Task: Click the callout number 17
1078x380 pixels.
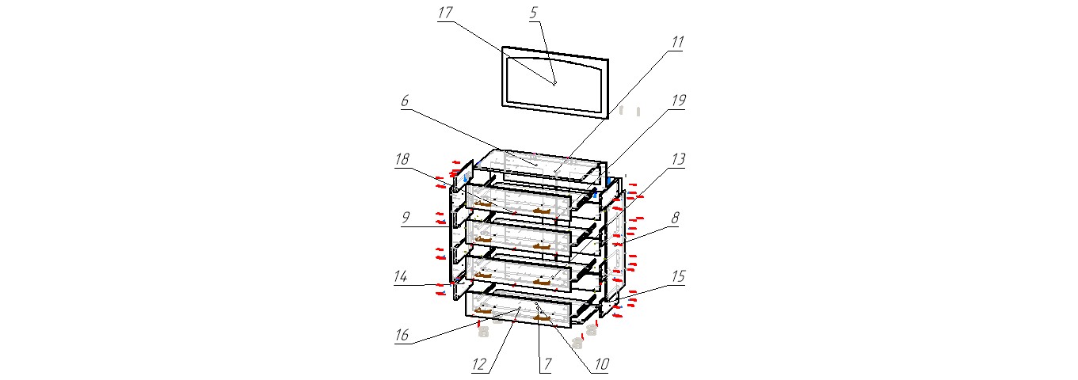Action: [x=445, y=13]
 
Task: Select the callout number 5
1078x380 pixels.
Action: [x=533, y=13]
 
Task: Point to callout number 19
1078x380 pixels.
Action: [x=677, y=101]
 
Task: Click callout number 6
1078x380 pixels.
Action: [x=404, y=101]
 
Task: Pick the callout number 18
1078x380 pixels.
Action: [x=402, y=159]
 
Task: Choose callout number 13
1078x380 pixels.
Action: [x=677, y=159]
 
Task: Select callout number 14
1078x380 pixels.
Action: [x=402, y=277]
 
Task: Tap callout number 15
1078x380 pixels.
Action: [x=677, y=277]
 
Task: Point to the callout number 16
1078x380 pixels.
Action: [x=402, y=336]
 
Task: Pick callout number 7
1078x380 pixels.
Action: [x=544, y=365]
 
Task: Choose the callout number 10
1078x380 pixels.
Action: [x=602, y=365]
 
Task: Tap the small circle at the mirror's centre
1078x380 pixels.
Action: [x=554, y=83]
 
